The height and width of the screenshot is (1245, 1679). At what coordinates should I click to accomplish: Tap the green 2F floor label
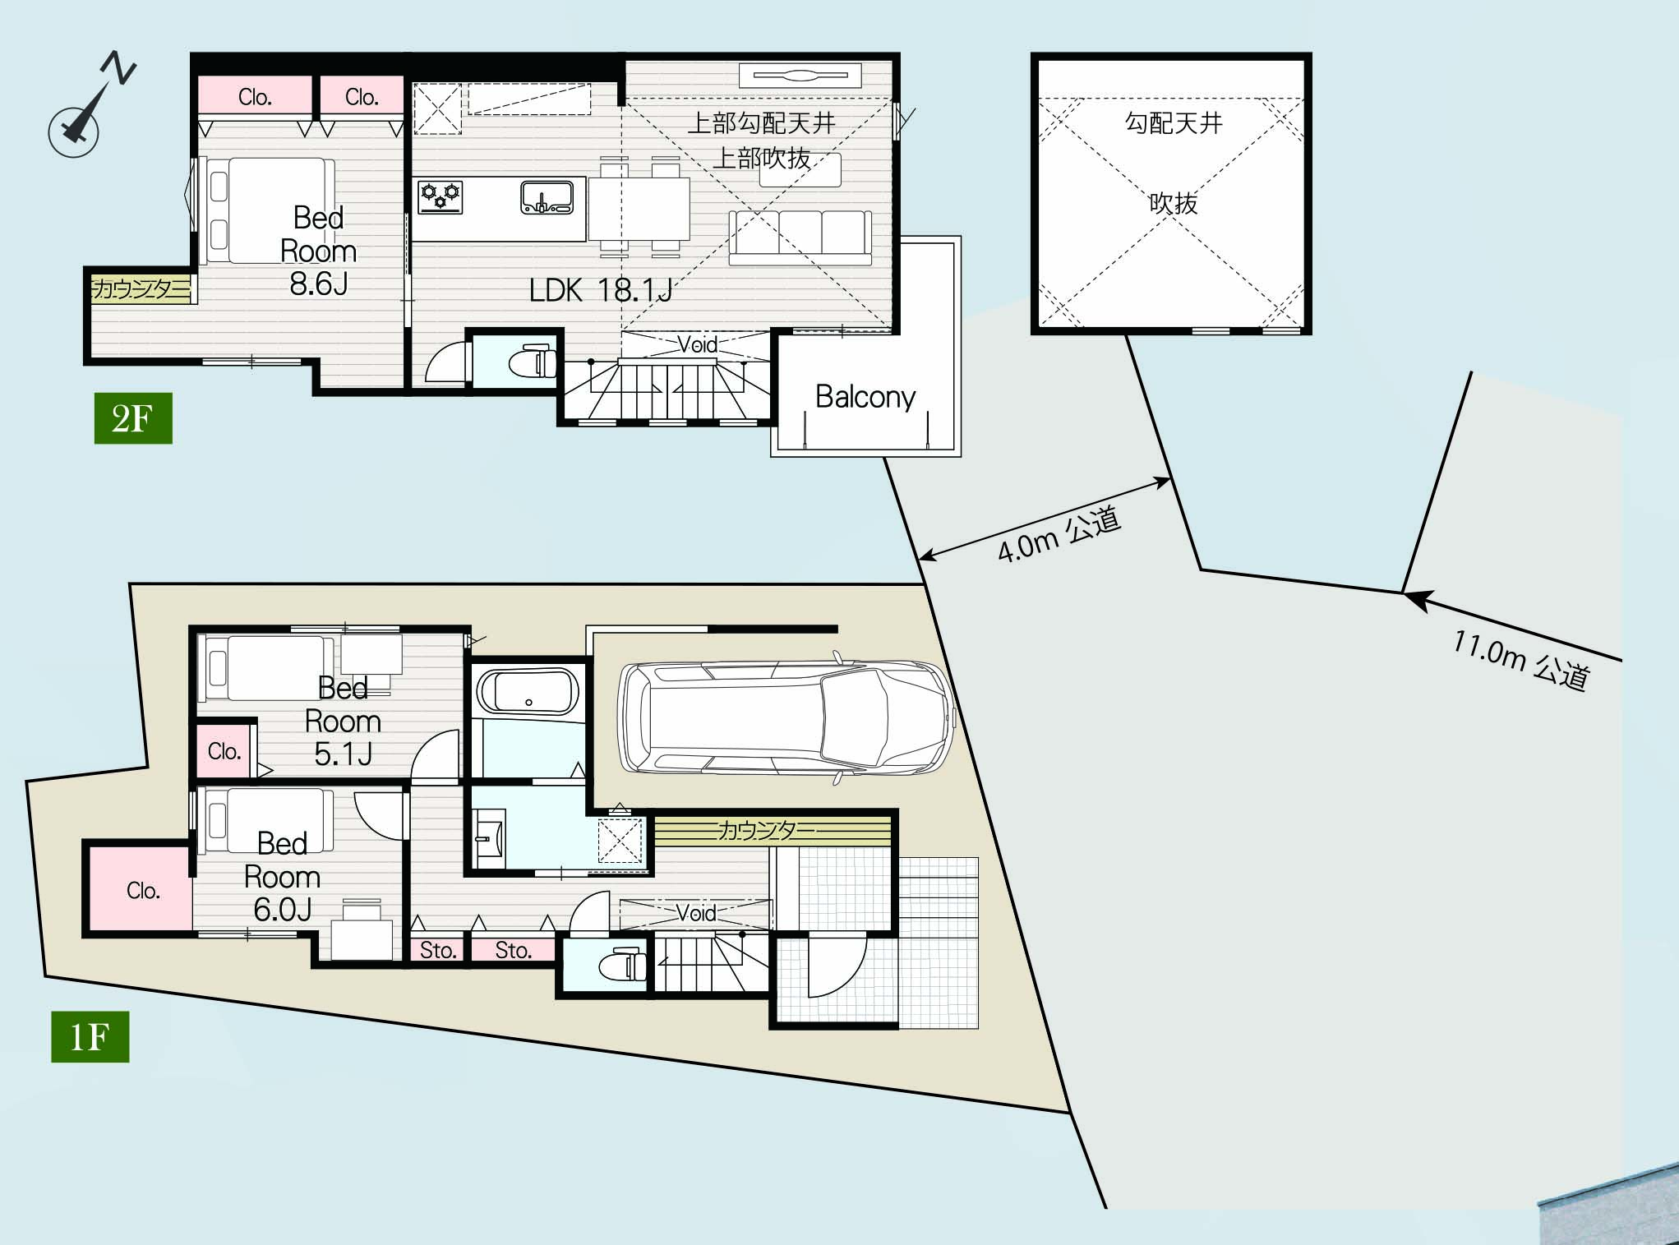coord(133,418)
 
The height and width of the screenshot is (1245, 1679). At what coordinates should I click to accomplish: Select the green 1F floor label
coord(90,1037)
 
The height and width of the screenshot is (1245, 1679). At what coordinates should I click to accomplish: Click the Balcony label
coord(865,397)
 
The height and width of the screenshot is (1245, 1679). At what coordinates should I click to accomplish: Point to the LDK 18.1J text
coord(601,290)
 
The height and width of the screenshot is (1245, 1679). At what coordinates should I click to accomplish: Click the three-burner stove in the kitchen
coord(441,196)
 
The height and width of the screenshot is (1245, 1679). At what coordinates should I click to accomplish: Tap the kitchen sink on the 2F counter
coord(547,197)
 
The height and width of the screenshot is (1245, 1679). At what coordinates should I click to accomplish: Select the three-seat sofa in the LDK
coord(800,237)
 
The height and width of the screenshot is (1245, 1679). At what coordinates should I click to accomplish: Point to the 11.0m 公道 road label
coord(1520,660)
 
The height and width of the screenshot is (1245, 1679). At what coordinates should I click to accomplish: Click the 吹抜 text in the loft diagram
coord(1173,202)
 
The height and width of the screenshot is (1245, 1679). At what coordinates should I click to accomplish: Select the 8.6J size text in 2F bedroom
coord(319,284)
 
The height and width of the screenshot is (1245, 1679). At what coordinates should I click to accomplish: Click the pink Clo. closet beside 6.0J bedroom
coord(141,890)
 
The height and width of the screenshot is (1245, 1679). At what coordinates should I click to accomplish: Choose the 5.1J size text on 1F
coord(344,754)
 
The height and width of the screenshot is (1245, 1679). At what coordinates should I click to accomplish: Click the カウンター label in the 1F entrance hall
coord(767,830)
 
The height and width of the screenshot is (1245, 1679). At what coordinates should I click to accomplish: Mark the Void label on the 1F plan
coord(696,912)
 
